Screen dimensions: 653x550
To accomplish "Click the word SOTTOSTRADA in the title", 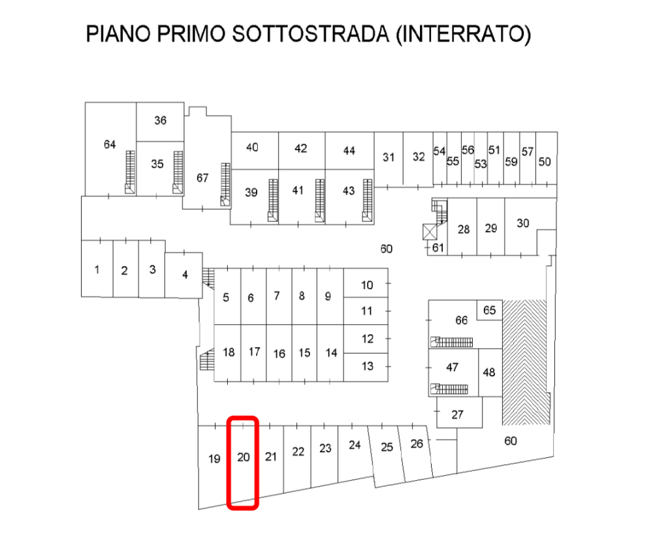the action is [310, 34].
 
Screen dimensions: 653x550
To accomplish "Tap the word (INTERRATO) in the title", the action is [464, 34].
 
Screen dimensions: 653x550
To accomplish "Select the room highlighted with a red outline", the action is [243, 463].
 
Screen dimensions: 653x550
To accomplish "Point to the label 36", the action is [161, 120].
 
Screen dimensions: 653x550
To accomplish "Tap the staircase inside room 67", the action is [225, 184].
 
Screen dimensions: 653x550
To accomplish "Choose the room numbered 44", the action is [349, 151].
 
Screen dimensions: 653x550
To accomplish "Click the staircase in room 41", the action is [320, 200].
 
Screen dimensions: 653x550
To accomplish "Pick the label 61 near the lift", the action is [438, 247].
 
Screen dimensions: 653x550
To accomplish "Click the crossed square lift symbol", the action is [430, 232].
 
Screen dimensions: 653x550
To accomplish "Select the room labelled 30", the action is [530, 226].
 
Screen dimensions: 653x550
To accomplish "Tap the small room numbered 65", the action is [489, 310].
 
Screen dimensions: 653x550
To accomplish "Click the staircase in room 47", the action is [449, 389].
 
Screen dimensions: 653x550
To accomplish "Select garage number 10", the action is [366, 283].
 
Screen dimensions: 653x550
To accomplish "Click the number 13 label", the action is [367, 366].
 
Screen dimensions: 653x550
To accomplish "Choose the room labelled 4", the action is [183, 275].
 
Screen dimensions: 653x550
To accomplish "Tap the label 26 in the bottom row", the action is [417, 444].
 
